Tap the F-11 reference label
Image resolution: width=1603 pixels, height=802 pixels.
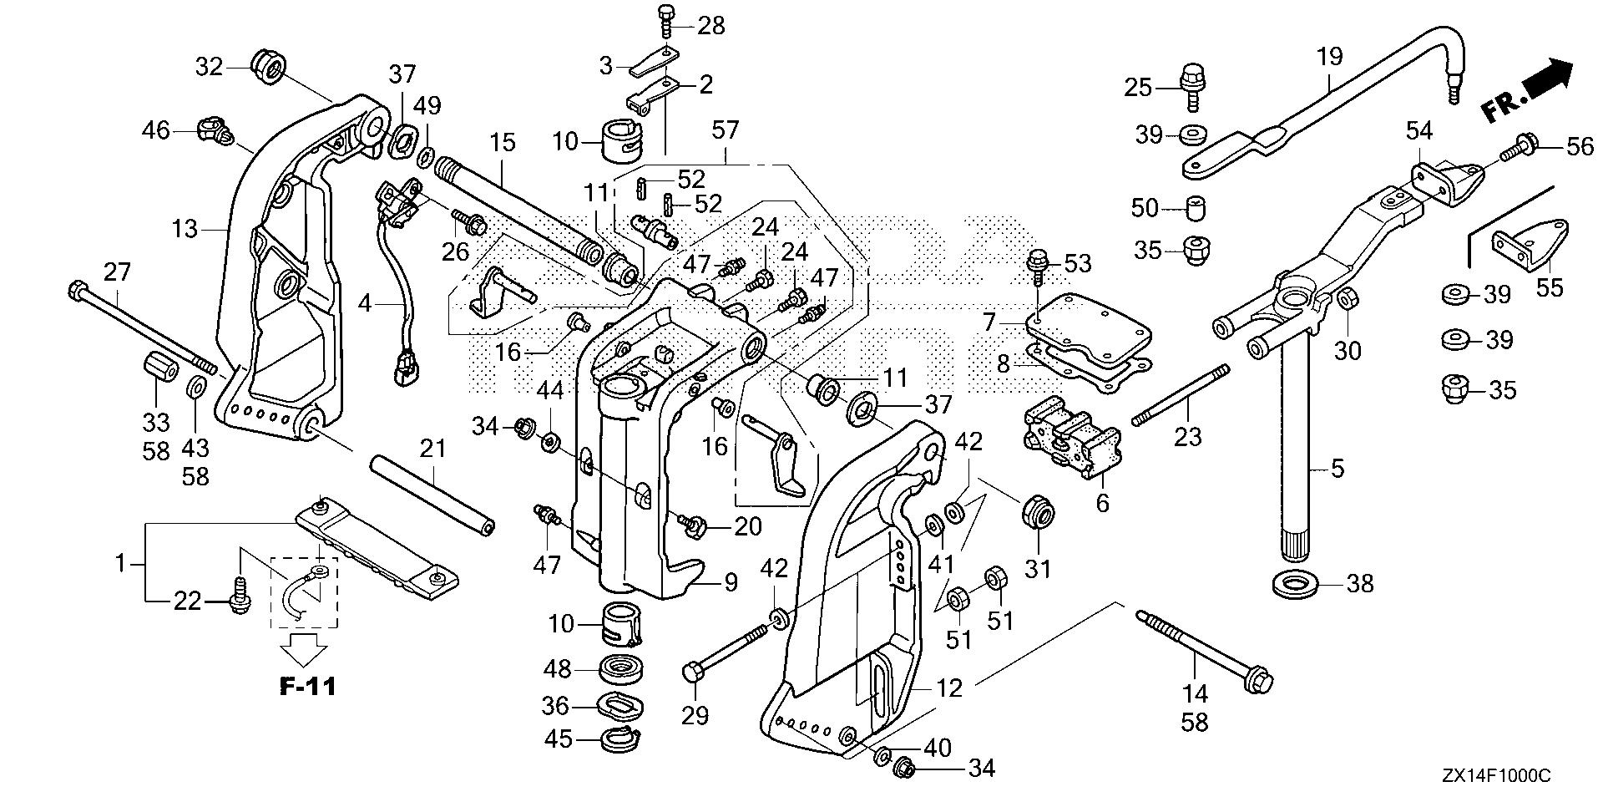click(308, 688)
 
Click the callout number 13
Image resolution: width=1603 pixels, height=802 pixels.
click(184, 228)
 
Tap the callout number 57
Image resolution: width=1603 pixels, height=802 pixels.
click(726, 129)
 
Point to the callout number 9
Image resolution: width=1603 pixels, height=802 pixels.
click(731, 582)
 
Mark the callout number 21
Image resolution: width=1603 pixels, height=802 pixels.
click(433, 450)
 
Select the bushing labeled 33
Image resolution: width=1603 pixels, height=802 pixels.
click(156, 367)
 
